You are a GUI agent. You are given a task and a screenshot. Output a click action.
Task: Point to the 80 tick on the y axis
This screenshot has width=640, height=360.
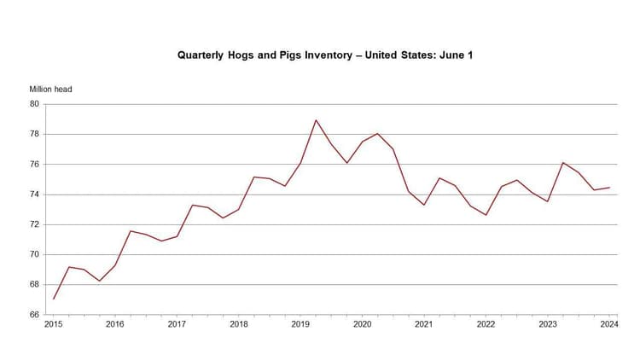(x=35, y=104)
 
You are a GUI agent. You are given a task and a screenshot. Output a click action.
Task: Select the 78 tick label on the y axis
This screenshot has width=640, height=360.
(x=35, y=134)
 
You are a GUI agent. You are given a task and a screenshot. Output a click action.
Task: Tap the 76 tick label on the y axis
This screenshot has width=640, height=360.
(x=35, y=165)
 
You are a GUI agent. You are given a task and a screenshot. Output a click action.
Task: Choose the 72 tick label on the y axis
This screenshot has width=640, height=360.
(x=35, y=224)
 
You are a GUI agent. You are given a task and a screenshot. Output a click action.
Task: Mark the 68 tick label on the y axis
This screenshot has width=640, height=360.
(x=35, y=285)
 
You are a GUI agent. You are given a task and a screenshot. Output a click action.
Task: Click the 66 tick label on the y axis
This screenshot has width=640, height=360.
(x=35, y=315)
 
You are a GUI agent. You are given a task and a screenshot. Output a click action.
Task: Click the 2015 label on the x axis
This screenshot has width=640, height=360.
(x=53, y=325)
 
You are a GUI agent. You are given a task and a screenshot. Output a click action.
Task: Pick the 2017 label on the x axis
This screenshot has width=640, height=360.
(x=177, y=325)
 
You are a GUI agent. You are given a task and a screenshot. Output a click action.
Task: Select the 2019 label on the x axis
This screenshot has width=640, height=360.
(x=300, y=325)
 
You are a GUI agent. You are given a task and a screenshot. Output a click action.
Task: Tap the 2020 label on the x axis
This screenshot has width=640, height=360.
(x=362, y=325)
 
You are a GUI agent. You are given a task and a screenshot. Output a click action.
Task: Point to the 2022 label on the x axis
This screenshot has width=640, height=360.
(x=486, y=325)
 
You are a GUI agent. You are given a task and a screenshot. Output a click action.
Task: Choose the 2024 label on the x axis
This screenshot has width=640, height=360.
(x=609, y=325)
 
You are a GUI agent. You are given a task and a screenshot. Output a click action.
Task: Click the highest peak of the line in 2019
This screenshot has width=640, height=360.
(x=316, y=119)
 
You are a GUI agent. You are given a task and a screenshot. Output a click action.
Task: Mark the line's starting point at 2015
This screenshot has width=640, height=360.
(x=53, y=299)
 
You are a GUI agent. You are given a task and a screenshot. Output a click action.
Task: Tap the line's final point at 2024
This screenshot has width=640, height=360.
(x=609, y=188)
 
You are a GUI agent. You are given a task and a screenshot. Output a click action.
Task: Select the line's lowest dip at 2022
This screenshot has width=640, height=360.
(x=486, y=215)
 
